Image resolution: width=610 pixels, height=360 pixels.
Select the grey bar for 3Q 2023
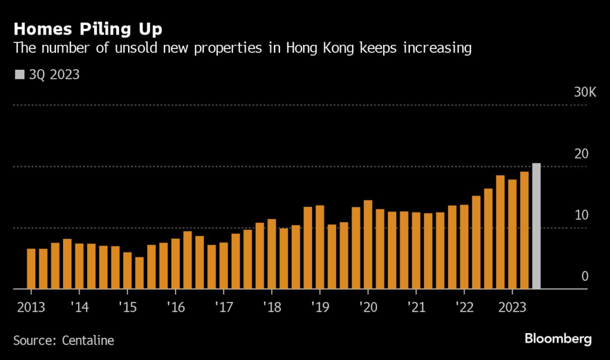point(536,226)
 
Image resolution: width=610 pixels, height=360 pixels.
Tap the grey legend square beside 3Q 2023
point(19,75)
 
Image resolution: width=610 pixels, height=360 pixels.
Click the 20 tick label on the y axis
point(581,154)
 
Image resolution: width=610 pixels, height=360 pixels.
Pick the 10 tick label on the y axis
point(581,215)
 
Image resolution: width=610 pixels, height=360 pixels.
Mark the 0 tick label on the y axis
point(584,276)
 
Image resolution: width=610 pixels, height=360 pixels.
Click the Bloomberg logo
point(558,339)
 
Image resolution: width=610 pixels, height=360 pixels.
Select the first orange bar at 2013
point(32,269)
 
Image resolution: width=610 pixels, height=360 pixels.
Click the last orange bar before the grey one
point(524,230)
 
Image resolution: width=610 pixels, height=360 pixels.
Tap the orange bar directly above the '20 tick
point(368,244)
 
